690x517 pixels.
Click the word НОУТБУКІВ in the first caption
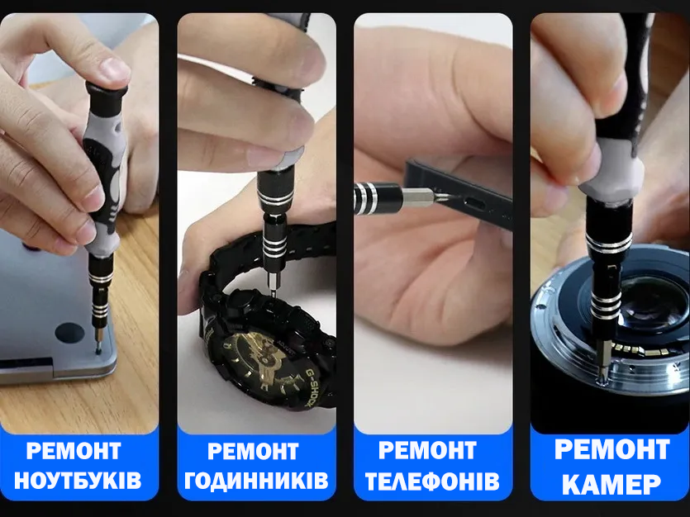tap(79, 481)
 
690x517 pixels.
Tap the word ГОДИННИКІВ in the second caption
tap(256, 481)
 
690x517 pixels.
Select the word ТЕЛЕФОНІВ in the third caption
tap(432, 481)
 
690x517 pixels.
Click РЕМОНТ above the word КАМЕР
tap(611, 450)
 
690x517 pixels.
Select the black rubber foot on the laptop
tap(69, 333)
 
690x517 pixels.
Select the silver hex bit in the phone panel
tap(417, 197)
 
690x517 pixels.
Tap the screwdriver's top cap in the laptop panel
tap(107, 89)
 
